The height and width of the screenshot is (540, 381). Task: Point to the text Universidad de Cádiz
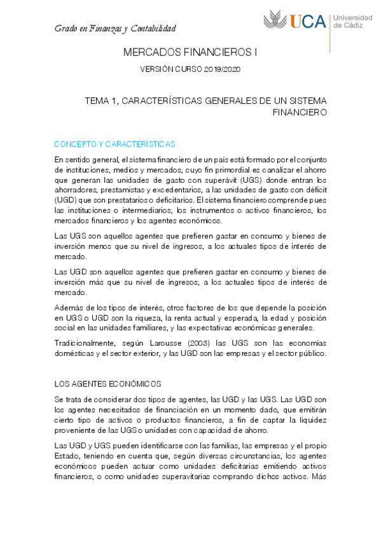click(x=354, y=22)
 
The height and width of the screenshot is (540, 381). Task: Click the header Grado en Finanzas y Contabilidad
click(x=115, y=29)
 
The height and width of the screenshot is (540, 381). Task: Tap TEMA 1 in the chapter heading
click(x=100, y=101)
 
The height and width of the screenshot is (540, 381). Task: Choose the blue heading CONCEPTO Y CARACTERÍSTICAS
click(x=115, y=144)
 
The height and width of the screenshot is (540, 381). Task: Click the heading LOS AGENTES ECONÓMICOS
click(x=108, y=383)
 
